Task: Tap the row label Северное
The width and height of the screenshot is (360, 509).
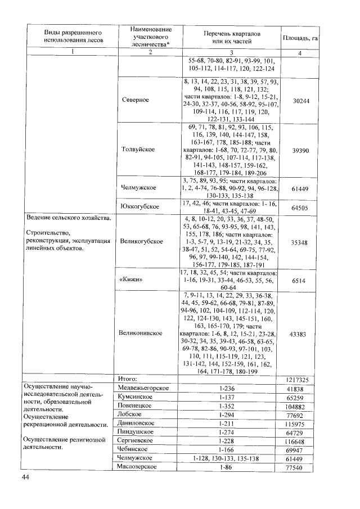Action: [135, 100]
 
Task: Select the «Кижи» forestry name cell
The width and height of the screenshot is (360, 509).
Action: [131, 280]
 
